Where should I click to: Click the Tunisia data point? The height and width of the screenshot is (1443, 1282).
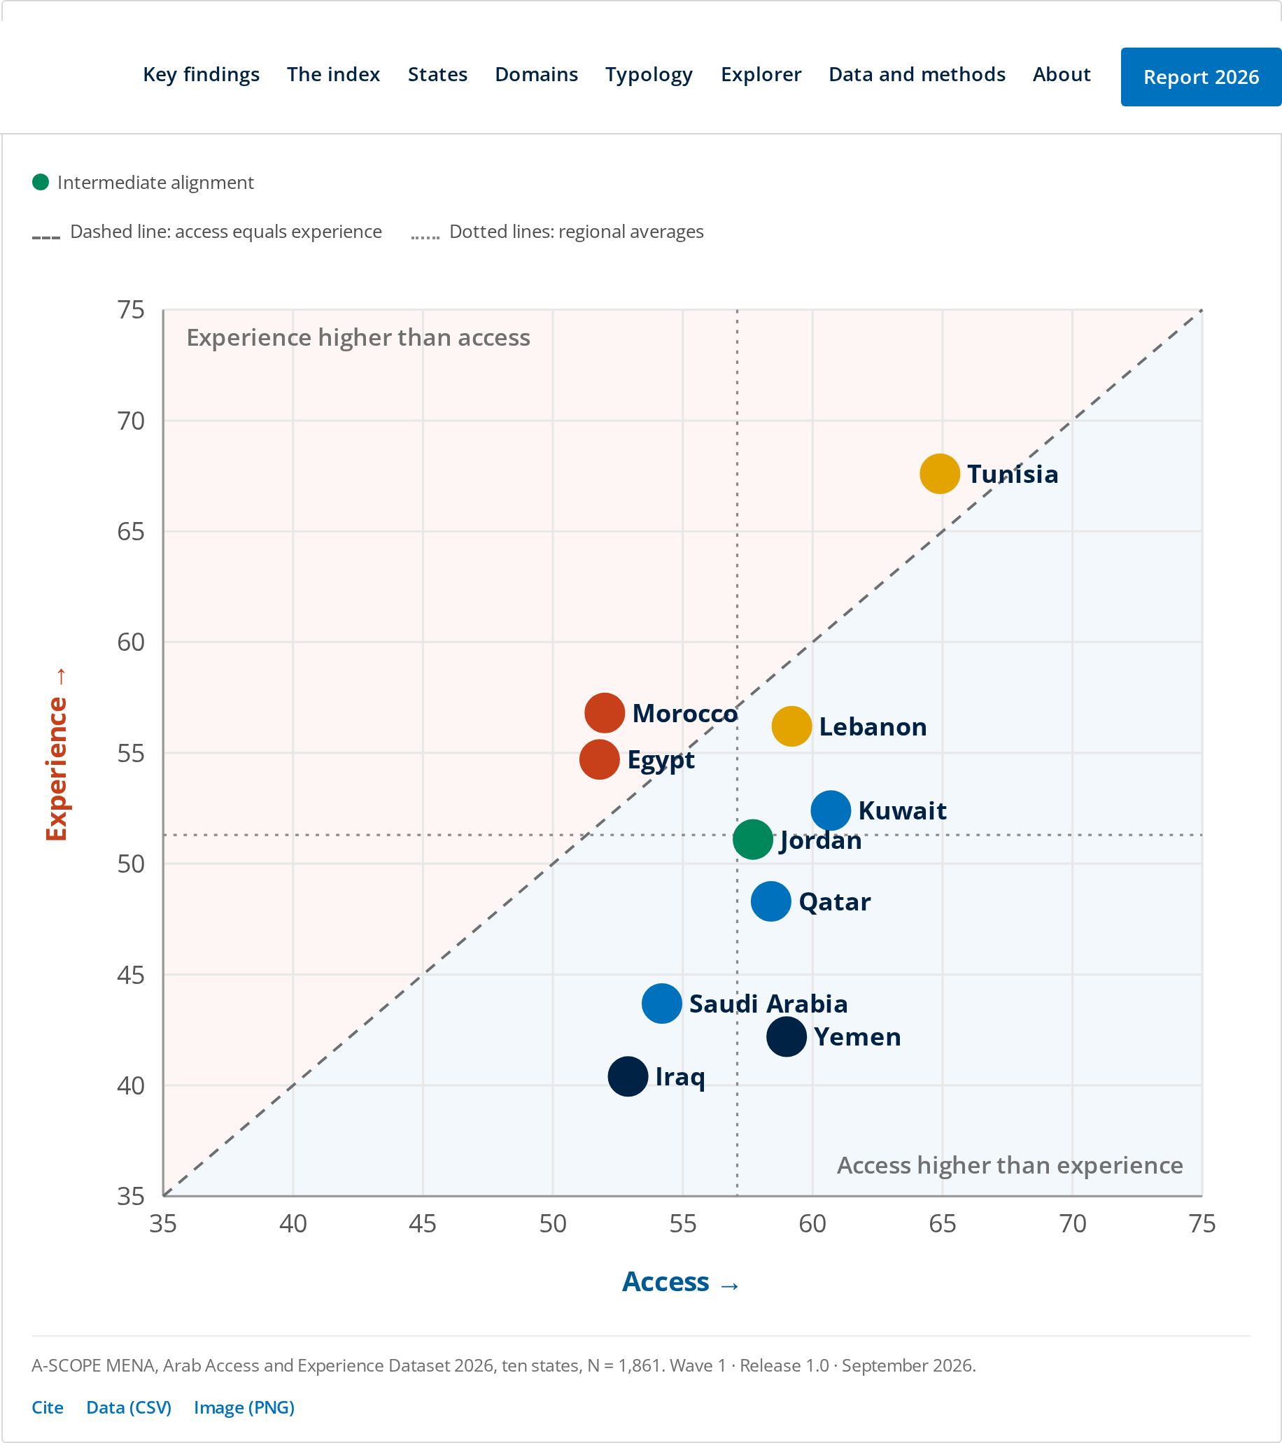940,474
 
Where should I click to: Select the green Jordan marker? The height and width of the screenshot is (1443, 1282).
752,839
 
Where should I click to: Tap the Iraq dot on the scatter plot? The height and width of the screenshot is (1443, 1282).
628,1076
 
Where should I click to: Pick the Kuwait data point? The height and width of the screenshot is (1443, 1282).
831,810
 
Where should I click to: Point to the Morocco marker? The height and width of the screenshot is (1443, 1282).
605,713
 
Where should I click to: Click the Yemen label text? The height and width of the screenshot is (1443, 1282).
857,1037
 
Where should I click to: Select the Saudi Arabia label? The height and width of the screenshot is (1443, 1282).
768,1004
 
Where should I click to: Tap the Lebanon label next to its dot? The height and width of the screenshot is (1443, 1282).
873,727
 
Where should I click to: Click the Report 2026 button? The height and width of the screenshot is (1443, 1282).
1201,77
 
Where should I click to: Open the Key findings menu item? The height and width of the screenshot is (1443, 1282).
202,75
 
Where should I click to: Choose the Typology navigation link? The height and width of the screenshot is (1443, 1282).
649,75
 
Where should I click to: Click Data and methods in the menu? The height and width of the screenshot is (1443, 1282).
917,74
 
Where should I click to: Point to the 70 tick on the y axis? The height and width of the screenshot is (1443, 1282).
131,421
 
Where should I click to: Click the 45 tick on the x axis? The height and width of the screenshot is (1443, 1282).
422,1223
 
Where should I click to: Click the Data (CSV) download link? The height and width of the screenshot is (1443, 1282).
129,1408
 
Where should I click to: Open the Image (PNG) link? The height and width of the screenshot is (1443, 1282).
244,1408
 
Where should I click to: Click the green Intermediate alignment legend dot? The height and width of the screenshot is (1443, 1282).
41,182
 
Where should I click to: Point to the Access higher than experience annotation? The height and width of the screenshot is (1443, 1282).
1010,1166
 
